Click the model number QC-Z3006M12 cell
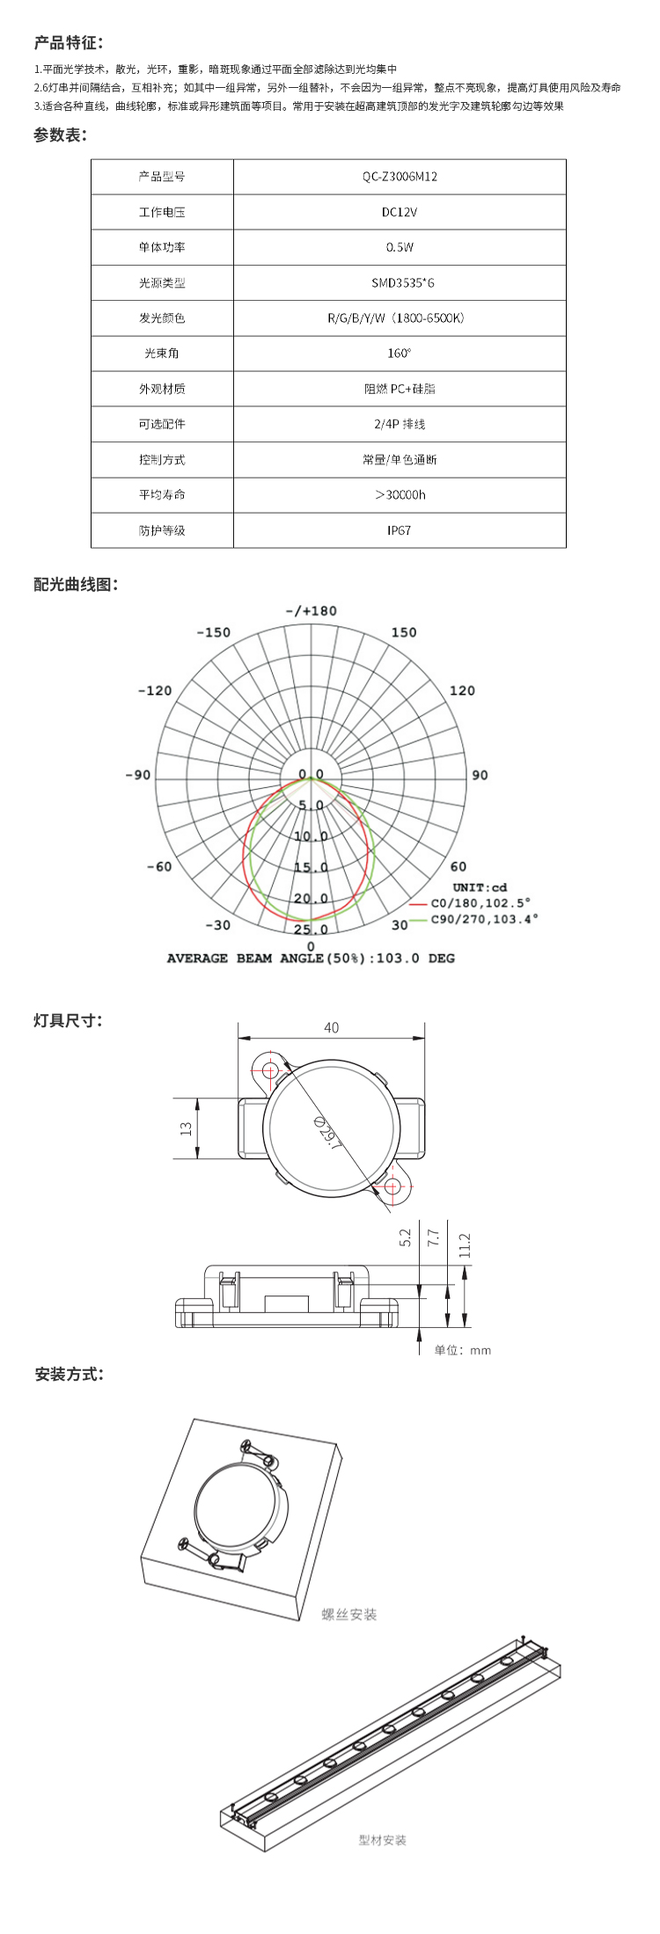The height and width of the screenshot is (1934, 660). [400, 177]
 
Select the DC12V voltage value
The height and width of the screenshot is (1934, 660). [400, 212]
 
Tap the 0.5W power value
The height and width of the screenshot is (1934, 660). [400, 247]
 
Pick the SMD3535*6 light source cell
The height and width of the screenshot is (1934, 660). [400, 283]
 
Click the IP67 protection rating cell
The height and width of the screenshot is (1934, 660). [400, 530]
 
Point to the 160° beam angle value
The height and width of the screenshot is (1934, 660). [400, 354]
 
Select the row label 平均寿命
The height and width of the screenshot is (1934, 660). [162, 495]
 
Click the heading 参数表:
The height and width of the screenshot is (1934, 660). [60, 135]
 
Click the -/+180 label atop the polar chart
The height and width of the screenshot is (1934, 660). [311, 611]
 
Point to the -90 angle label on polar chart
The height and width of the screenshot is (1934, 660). [138, 775]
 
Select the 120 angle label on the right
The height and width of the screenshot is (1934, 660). [462, 690]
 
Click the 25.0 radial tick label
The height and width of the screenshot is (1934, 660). [311, 930]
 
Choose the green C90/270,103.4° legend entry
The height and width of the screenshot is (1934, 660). [483, 919]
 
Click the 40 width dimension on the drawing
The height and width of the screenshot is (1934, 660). [331, 1027]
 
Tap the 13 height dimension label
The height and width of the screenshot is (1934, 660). [186, 1128]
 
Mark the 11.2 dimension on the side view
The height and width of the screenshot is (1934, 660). [465, 1244]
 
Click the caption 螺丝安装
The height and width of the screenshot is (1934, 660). [349, 1615]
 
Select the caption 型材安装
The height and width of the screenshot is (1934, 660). [383, 1840]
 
